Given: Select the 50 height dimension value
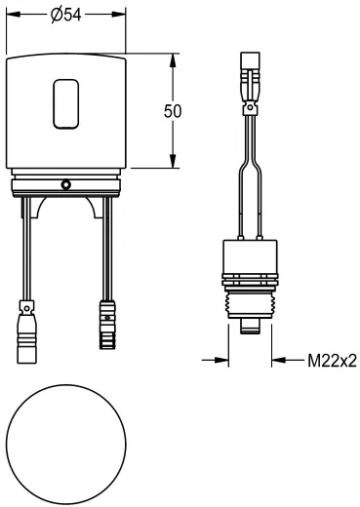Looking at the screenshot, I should pos(173,110).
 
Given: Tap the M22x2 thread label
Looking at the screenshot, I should pos(332,360).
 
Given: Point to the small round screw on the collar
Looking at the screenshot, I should pos(65,183).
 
